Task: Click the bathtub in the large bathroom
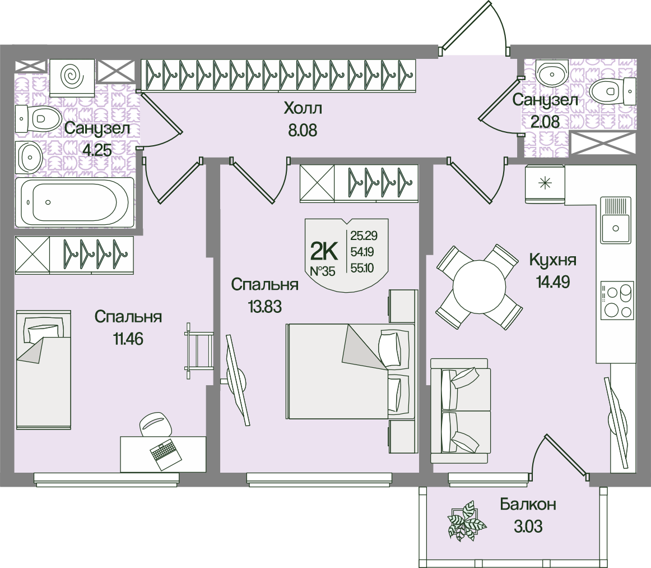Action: (x=75, y=202)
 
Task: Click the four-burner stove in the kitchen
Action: (x=616, y=301)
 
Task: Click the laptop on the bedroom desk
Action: (x=164, y=453)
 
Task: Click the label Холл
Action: (x=303, y=107)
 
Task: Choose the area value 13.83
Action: (x=263, y=307)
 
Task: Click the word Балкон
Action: (x=528, y=505)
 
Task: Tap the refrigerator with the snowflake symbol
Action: (x=545, y=183)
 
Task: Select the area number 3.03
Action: (x=528, y=527)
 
